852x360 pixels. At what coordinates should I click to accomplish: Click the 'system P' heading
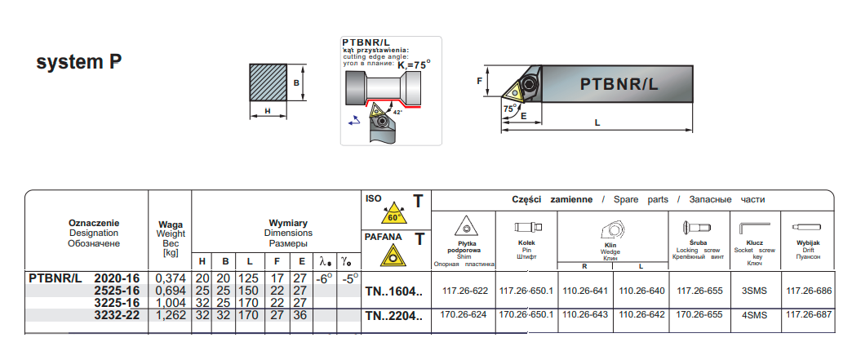coord(80,62)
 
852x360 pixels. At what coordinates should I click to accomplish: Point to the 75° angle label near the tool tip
coord(509,108)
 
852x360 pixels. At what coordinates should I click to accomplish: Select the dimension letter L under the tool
coord(598,122)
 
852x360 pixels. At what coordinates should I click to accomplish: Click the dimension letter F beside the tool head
coord(480,81)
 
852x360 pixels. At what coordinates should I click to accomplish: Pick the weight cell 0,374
coord(170,278)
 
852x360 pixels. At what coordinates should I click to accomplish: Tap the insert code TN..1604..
coord(394,291)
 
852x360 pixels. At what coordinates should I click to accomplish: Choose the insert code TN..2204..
coord(394,315)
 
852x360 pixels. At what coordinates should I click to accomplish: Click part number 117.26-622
coord(464,290)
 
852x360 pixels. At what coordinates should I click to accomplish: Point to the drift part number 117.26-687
coord(808,314)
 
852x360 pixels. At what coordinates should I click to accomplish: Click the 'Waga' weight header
coord(170,224)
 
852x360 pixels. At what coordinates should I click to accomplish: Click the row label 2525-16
coord(118,290)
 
